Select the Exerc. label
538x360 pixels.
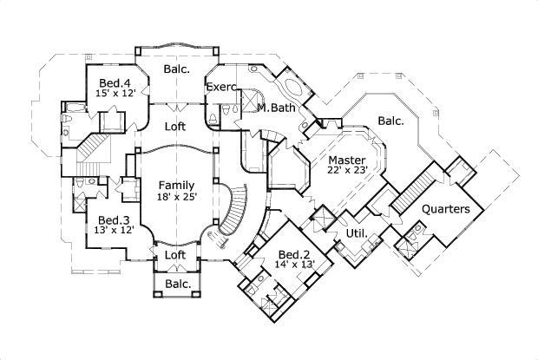222,87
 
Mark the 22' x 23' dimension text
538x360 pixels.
348,171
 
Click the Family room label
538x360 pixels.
176,185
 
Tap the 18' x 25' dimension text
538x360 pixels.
176,197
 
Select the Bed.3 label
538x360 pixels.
113,220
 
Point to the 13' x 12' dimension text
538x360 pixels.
113,232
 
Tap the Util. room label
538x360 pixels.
357,233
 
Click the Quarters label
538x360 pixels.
446,209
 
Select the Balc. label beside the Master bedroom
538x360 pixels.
390,121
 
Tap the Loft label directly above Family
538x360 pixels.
176,126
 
